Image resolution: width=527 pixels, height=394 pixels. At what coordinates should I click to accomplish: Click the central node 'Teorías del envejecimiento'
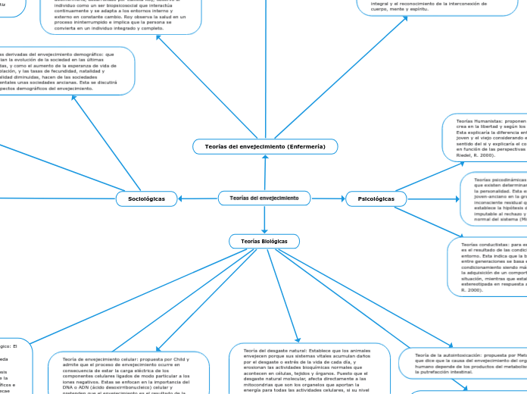pyautogui.click(x=264, y=199)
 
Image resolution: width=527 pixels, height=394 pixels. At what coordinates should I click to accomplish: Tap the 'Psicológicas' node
pyautogui.click(x=376, y=199)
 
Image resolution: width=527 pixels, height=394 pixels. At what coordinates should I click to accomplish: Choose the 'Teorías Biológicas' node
pyautogui.click(x=264, y=241)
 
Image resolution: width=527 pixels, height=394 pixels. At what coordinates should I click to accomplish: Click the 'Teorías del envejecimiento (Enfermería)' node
pyautogui.click(x=265, y=145)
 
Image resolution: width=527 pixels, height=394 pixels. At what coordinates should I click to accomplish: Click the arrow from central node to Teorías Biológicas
pyautogui.click(x=264, y=220)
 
